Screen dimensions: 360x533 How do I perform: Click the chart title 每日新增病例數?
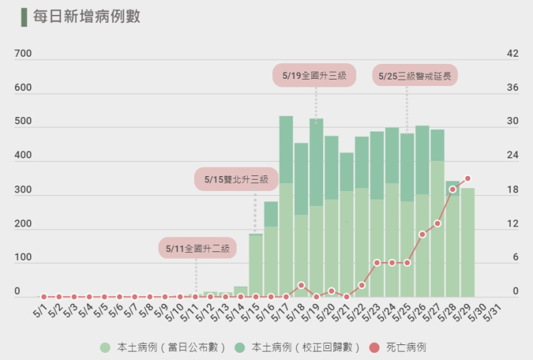pyautogui.click(x=87, y=16)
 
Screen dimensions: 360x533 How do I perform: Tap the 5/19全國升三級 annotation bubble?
pyautogui.click(x=314, y=76)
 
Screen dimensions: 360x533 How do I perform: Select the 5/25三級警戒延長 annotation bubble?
pyautogui.click(x=415, y=76)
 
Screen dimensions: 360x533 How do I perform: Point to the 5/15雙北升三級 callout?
pyautogui.click(x=236, y=180)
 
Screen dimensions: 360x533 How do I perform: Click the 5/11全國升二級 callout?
pyautogui.click(x=198, y=249)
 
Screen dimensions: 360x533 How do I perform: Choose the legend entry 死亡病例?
pyautogui.click(x=406, y=347)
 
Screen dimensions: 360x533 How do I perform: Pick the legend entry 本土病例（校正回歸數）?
pyautogui.click(x=298, y=347)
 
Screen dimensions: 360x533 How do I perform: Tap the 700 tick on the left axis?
pyautogui.click(x=23, y=54)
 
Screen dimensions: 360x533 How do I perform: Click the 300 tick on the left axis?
pyautogui.click(x=23, y=190)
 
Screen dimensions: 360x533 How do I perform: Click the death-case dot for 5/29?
pyautogui.click(x=468, y=179)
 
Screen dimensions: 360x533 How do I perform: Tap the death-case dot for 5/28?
pyautogui.click(x=453, y=189)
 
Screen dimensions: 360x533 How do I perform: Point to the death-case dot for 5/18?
pyautogui.click(x=301, y=285)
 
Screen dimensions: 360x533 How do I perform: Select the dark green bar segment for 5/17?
pyautogui.click(x=286, y=149)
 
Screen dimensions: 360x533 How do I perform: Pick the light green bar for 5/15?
pyautogui.click(x=256, y=266)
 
